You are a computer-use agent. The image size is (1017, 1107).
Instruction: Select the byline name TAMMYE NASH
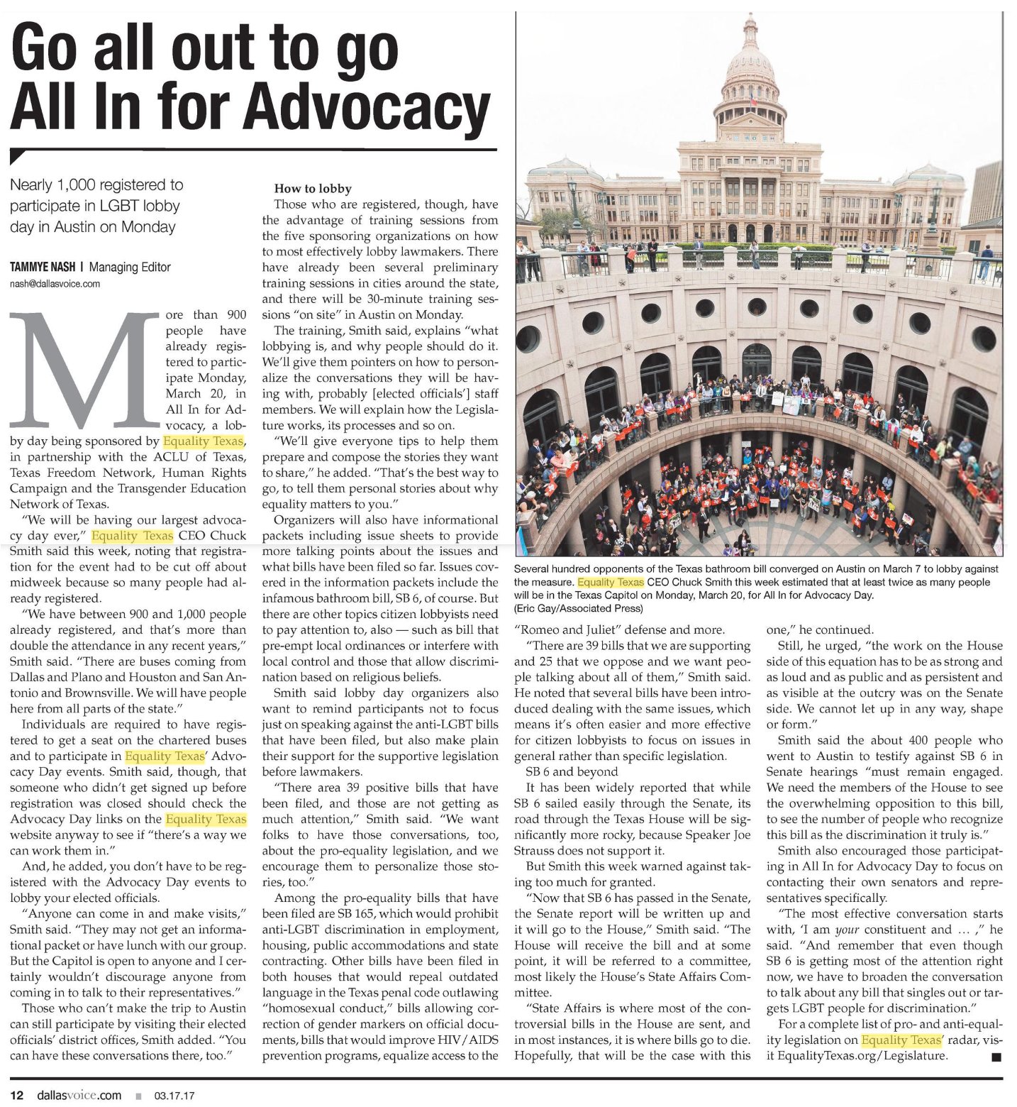(42, 268)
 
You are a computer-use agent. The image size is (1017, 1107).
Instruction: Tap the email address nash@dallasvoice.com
(55, 284)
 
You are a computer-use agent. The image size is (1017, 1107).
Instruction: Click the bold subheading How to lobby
(313, 189)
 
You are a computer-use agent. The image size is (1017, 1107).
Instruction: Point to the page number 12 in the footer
(17, 1095)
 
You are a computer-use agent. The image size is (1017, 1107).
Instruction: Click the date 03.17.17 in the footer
(174, 1096)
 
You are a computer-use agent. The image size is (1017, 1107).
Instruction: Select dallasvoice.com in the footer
(79, 1095)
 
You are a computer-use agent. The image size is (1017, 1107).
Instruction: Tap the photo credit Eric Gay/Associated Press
(579, 608)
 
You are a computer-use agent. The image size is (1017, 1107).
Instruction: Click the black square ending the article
(996, 1057)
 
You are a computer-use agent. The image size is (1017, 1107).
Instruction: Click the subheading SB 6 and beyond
(572, 771)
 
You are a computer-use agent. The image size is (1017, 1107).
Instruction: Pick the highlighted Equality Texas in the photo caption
(611, 582)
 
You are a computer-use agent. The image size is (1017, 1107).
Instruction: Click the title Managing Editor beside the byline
(130, 268)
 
